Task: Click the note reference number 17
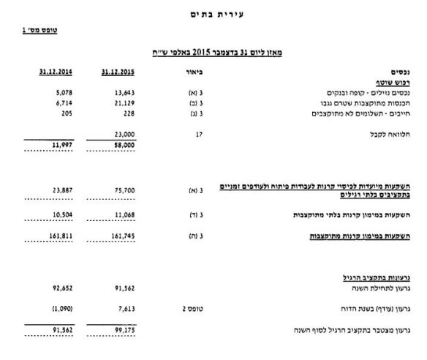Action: [199, 135]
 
